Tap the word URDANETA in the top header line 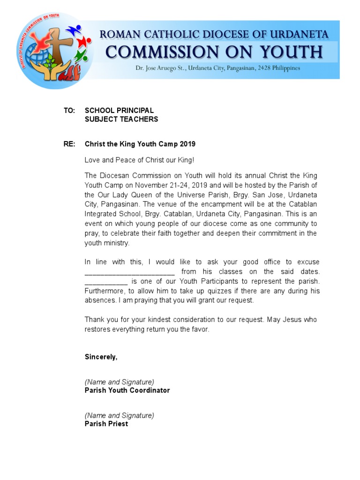300,34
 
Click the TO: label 69,111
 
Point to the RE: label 69,144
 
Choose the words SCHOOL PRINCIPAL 119,111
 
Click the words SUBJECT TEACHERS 121,119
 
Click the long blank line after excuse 129,272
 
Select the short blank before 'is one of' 106,282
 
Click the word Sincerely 101,357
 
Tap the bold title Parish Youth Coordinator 127,390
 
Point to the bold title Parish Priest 106,424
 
